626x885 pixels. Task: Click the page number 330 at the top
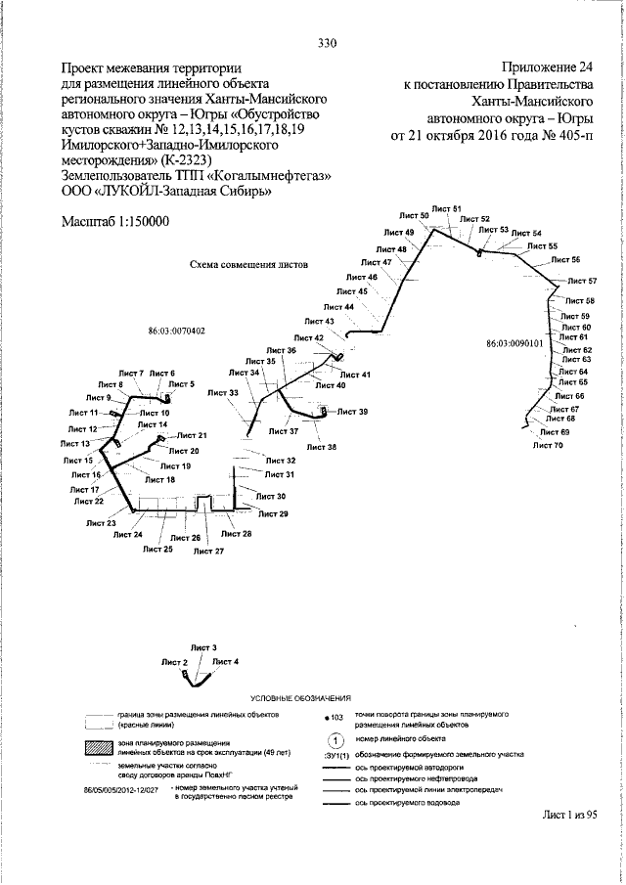coord(328,42)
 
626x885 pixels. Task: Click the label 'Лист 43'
coord(319,321)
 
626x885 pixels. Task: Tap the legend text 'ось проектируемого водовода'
coord(407,803)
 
